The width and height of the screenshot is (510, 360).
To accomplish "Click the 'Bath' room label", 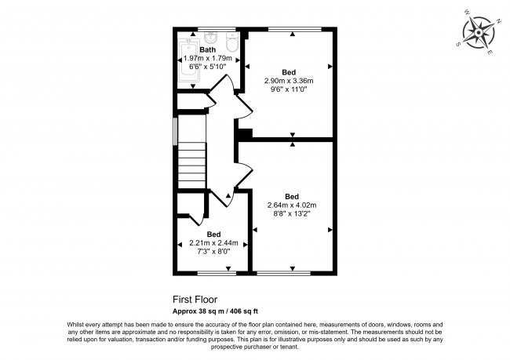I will [207, 49].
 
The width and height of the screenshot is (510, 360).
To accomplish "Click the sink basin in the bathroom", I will [210, 38].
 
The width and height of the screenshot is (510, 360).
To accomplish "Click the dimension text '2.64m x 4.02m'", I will [292, 205].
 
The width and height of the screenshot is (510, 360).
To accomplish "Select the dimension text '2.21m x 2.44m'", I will [213, 242].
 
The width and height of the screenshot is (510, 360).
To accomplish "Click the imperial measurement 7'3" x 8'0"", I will [213, 251].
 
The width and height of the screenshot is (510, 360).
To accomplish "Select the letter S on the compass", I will [457, 44].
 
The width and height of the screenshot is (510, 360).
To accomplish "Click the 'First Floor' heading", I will [195, 299].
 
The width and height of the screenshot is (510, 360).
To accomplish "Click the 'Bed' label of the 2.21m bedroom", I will [213, 234].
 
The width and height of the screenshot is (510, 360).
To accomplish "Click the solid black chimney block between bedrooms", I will [244, 134].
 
